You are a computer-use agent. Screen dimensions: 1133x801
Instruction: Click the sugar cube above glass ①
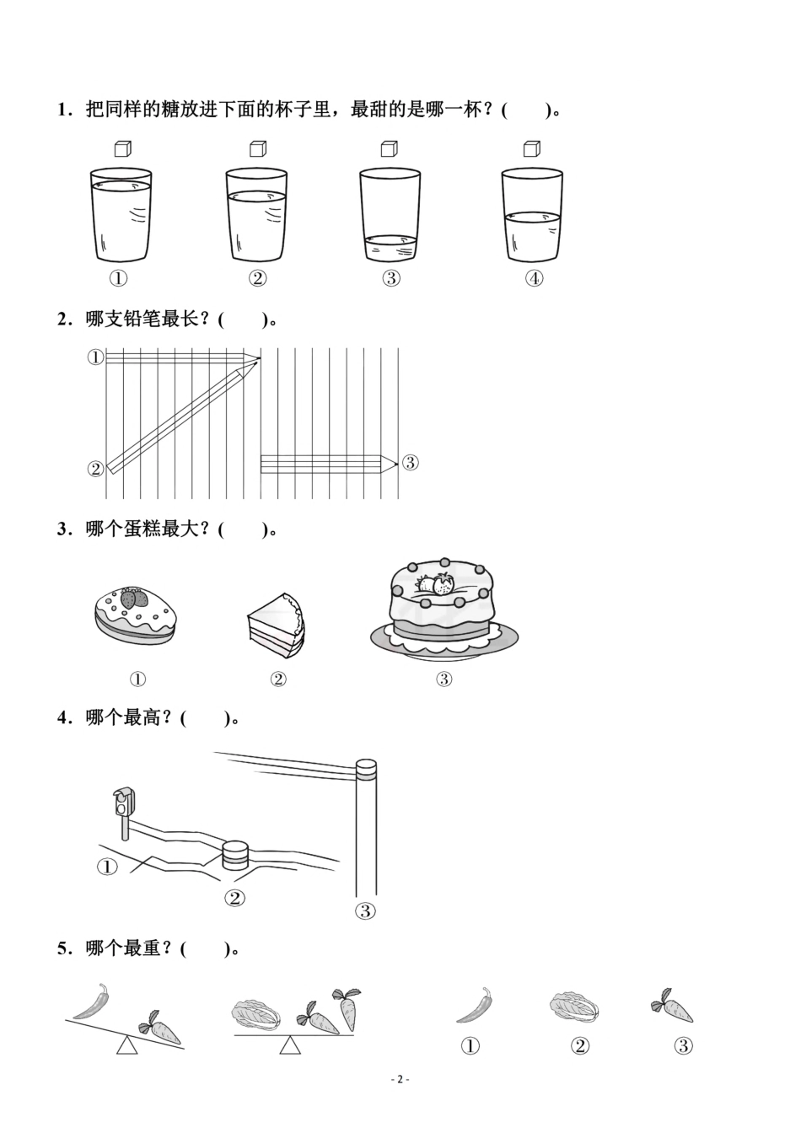click(123, 149)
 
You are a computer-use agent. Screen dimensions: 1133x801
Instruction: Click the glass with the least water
click(390, 216)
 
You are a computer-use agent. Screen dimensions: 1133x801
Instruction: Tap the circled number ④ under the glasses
click(534, 278)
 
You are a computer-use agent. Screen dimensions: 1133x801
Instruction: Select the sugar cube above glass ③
click(389, 149)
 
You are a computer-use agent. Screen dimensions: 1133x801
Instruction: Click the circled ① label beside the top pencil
click(95, 357)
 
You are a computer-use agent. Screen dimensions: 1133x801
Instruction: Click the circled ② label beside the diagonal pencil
click(95, 469)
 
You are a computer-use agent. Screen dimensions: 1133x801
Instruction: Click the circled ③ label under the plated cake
click(444, 679)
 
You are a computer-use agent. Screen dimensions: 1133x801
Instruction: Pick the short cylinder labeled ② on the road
click(235, 855)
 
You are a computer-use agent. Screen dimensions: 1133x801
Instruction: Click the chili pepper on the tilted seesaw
click(92, 1001)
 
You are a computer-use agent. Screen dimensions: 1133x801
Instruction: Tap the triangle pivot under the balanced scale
click(290, 1046)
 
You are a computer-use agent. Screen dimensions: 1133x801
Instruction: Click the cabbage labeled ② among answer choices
click(574, 1006)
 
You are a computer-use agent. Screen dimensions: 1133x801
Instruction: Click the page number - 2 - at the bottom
click(400, 1079)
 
